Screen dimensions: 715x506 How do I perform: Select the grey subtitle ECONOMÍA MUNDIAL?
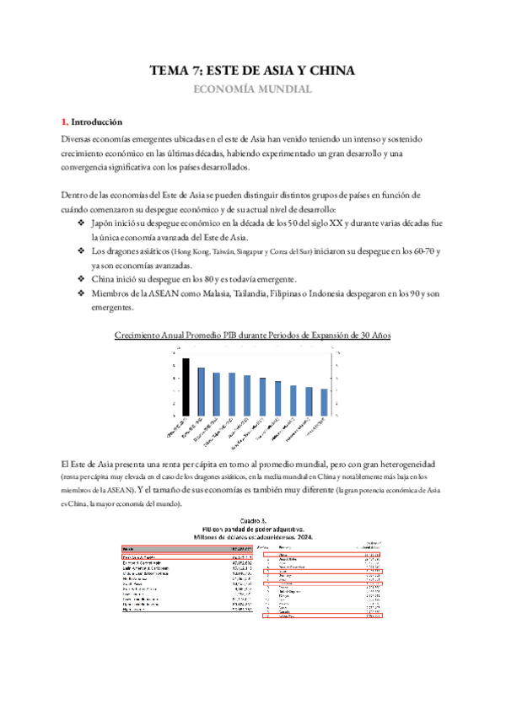253,89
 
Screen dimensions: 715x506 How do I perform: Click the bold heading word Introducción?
97,121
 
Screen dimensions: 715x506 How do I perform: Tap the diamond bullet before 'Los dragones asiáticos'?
81,251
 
